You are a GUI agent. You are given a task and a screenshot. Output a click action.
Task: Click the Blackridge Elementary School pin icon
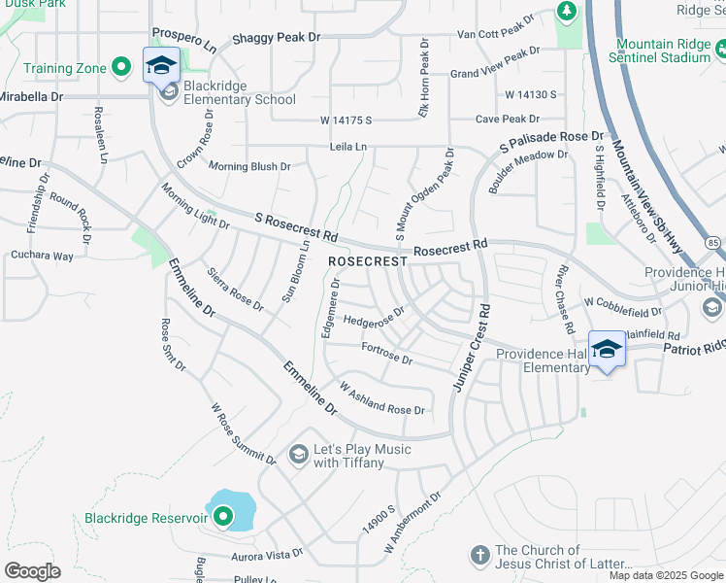(162, 65)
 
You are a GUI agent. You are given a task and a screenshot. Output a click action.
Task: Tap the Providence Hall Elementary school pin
(607, 349)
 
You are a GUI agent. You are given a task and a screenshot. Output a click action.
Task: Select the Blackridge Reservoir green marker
(223, 518)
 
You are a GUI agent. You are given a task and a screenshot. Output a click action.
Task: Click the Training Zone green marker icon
(121, 68)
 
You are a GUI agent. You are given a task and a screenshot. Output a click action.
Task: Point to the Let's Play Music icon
(298, 455)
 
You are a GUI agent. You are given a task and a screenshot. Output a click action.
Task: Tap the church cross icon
(478, 556)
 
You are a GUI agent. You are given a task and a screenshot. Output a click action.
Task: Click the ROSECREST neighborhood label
(368, 262)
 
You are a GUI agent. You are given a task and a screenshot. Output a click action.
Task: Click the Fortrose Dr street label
(386, 353)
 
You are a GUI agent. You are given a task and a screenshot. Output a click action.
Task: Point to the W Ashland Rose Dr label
(381, 399)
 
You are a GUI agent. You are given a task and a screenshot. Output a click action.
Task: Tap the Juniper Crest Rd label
(470, 349)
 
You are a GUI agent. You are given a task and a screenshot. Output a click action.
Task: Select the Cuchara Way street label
(42, 257)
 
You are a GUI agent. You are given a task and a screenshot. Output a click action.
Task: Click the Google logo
(33, 571)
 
